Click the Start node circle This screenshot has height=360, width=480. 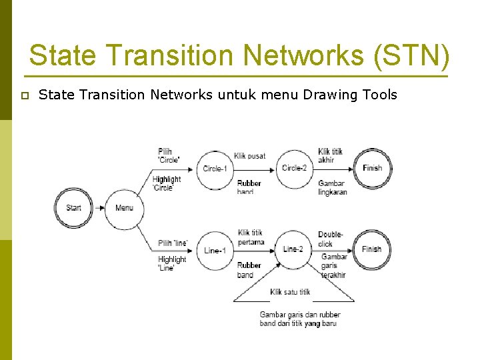[x=73, y=207]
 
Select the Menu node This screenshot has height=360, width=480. [x=124, y=207]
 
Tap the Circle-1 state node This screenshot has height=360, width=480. [x=215, y=169]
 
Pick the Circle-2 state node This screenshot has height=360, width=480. [x=294, y=168]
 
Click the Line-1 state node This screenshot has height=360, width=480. [x=215, y=251]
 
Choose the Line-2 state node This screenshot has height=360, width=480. [x=293, y=249]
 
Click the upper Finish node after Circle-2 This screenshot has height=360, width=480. [x=372, y=168]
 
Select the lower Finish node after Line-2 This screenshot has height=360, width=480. [x=372, y=249]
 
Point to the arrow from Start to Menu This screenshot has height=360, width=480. [x=99, y=207]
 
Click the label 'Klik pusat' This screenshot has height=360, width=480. [x=250, y=156]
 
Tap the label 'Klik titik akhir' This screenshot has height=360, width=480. [x=331, y=155]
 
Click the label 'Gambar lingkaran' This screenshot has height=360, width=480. [x=333, y=187]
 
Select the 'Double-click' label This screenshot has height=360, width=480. [x=331, y=239]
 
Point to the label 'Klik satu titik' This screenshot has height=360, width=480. [x=290, y=292]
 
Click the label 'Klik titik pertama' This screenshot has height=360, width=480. [x=251, y=237]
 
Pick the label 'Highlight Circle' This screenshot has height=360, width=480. [x=166, y=183]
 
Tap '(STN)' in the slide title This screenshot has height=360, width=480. [x=412, y=55]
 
